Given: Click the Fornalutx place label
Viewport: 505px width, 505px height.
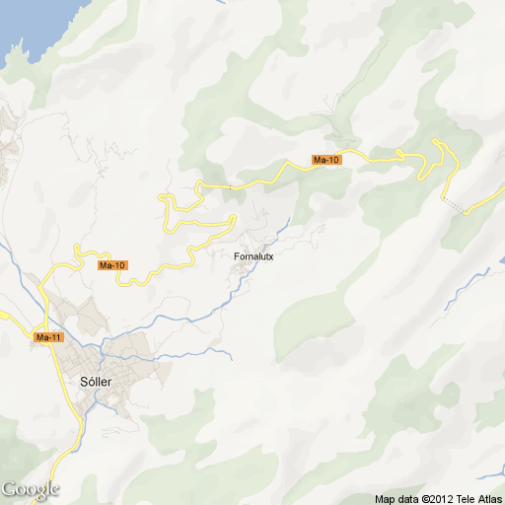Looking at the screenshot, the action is coord(254,257).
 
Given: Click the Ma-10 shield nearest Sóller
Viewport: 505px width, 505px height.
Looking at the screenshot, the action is coord(113,265).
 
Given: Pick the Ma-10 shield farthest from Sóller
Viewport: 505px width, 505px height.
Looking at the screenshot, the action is coord(325,160).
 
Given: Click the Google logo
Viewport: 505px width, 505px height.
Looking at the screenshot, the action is coord(30,489).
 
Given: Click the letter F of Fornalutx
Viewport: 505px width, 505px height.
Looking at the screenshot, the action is coord(238,257).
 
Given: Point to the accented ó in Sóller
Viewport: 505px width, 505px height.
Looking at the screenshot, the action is coord(90,381).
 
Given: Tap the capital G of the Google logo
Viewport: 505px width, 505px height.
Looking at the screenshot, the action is coord(8,488).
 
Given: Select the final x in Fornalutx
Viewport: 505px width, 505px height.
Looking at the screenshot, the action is coord(270,257).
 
